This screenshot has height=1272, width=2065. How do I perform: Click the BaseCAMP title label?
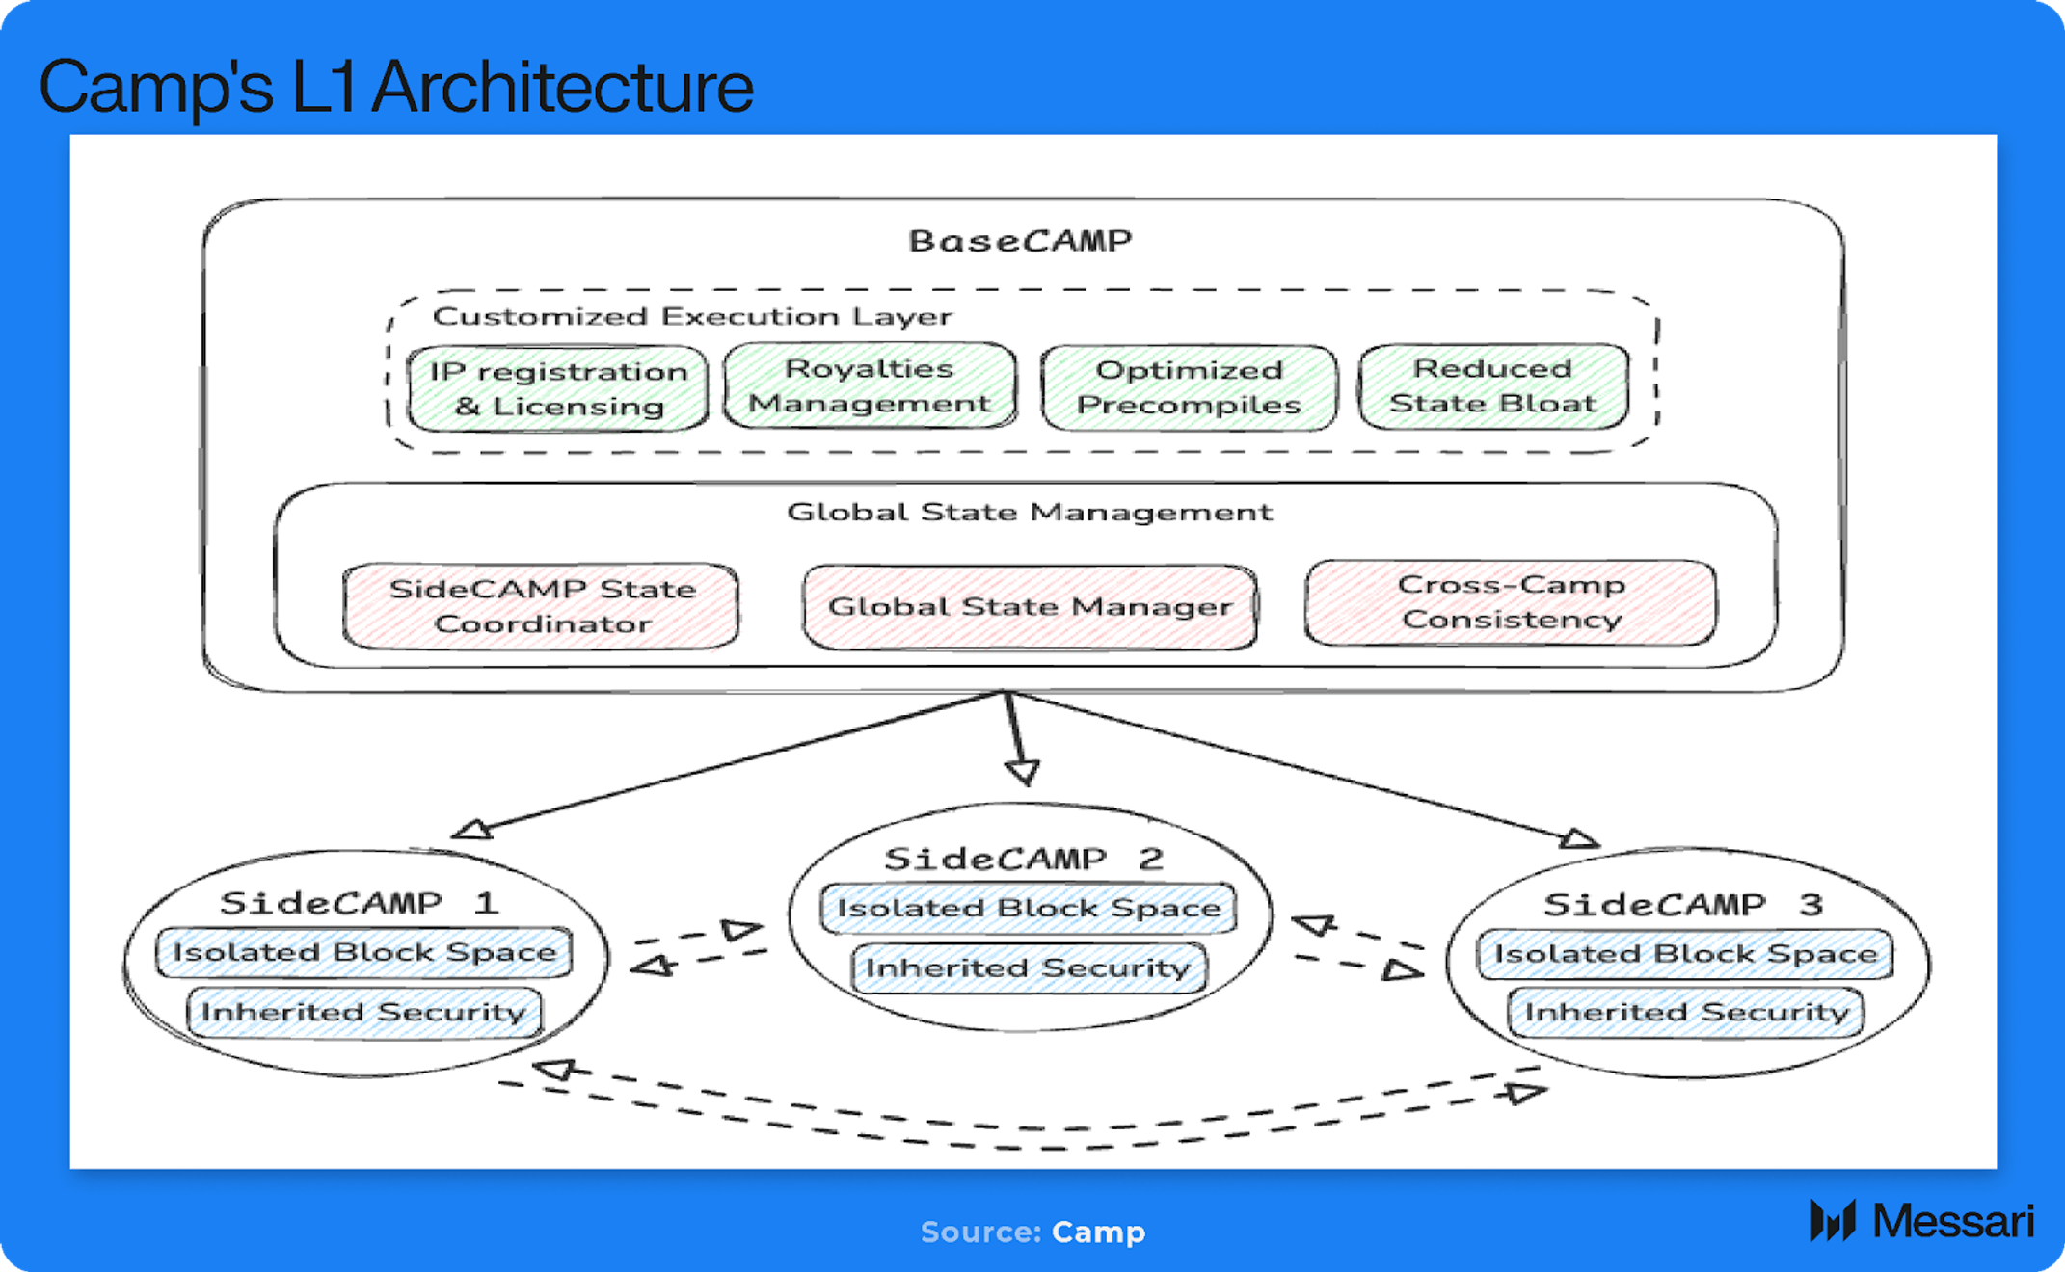[x=1020, y=240]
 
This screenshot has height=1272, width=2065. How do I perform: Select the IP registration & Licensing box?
[x=557, y=388]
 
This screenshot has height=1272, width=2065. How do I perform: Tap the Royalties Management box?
[x=870, y=385]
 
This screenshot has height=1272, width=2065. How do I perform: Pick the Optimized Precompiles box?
[x=1189, y=387]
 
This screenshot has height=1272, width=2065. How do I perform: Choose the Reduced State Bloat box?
[x=1493, y=385]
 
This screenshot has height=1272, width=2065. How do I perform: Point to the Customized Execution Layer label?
[x=692, y=316]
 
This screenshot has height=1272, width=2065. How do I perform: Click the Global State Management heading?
[x=1030, y=512]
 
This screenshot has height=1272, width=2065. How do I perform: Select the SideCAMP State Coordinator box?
[x=541, y=606]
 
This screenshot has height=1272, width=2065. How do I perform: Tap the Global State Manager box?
[x=1030, y=607]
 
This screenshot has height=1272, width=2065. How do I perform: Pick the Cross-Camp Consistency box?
[x=1511, y=602]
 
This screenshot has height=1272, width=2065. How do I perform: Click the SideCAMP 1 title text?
[x=359, y=903]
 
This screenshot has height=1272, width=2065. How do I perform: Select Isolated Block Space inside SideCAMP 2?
[x=1029, y=908]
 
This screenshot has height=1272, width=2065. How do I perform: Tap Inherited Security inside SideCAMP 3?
[x=1686, y=1012]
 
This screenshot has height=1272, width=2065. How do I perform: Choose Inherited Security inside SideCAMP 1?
[x=363, y=1012]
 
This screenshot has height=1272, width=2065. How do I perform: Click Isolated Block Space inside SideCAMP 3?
[x=1685, y=954]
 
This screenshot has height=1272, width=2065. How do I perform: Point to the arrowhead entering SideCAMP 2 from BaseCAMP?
[x=1023, y=772]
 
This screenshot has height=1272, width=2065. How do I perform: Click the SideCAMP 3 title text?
[x=1683, y=904]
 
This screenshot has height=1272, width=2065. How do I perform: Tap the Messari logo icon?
[x=1833, y=1221]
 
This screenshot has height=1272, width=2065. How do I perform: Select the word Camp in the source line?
[x=1098, y=1232]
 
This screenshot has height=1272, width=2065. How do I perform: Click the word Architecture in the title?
[x=562, y=87]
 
